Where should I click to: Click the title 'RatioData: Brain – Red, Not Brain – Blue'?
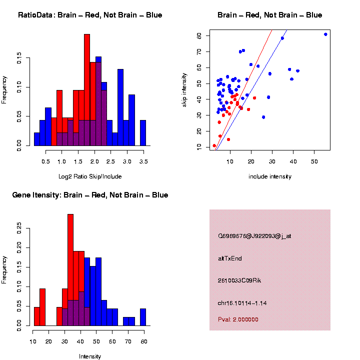[x=90, y=15]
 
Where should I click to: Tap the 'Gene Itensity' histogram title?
[x=90, y=195]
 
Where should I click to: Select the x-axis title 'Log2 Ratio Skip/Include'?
[x=90, y=176]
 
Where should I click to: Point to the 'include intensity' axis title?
[x=270, y=176]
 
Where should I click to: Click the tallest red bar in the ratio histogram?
[x=87, y=90]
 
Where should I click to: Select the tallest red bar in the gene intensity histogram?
[x=70, y=270]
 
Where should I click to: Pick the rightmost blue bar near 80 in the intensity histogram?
[x=143, y=317]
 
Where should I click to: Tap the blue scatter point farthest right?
[x=325, y=34]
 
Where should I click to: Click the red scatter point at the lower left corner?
[x=214, y=146]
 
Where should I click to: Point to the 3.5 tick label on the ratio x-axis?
[x=143, y=161]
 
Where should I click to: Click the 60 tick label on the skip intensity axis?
[x=199, y=36]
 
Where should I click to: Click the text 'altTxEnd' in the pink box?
[x=230, y=258]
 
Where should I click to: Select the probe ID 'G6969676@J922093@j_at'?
[x=254, y=236]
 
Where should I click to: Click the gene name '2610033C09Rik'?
[x=239, y=280]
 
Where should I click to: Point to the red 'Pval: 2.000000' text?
[x=238, y=319]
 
